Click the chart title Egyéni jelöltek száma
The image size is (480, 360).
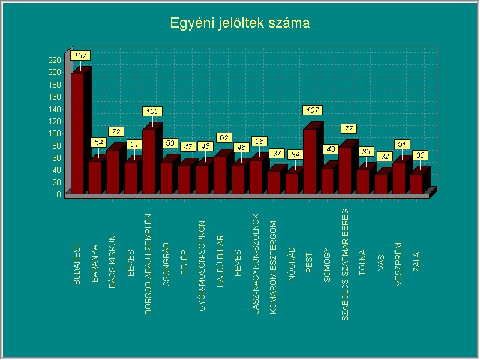pyautogui.click(x=239, y=23)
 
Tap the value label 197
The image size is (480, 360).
pyautogui.click(x=80, y=55)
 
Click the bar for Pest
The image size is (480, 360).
pyautogui.click(x=309, y=161)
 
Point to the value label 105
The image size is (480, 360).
pyautogui.click(x=152, y=111)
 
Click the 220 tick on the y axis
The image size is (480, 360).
pyautogui.click(x=55, y=60)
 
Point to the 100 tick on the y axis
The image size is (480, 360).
pyautogui.click(x=55, y=133)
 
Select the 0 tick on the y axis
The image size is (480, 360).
pyautogui.click(x=59, y=194)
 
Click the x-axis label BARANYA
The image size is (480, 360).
pyautogui.click(x=95, y=259)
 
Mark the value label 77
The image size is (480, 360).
pyautogui.click(x=349, y=128)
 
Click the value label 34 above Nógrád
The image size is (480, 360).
pyautogui.click(x=295, y=154)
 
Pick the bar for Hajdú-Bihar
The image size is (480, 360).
pyautogui.click(x=220, y=175)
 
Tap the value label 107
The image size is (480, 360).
pyautogui.click(x=313, y=110)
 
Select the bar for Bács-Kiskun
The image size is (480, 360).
pyautogui.click(x=113, y=172)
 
